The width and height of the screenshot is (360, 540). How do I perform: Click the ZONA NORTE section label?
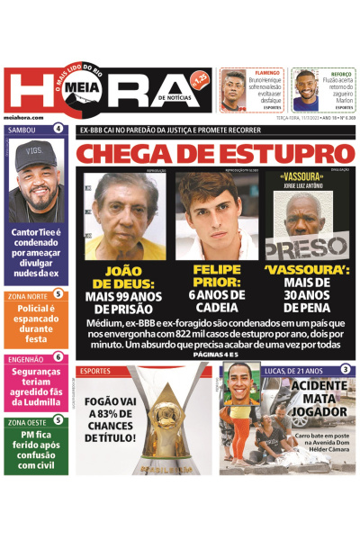(x=26, y=294)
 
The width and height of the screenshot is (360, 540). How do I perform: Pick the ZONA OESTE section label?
(x=26, y=420)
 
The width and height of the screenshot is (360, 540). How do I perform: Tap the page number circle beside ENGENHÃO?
(x=58, y=357)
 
